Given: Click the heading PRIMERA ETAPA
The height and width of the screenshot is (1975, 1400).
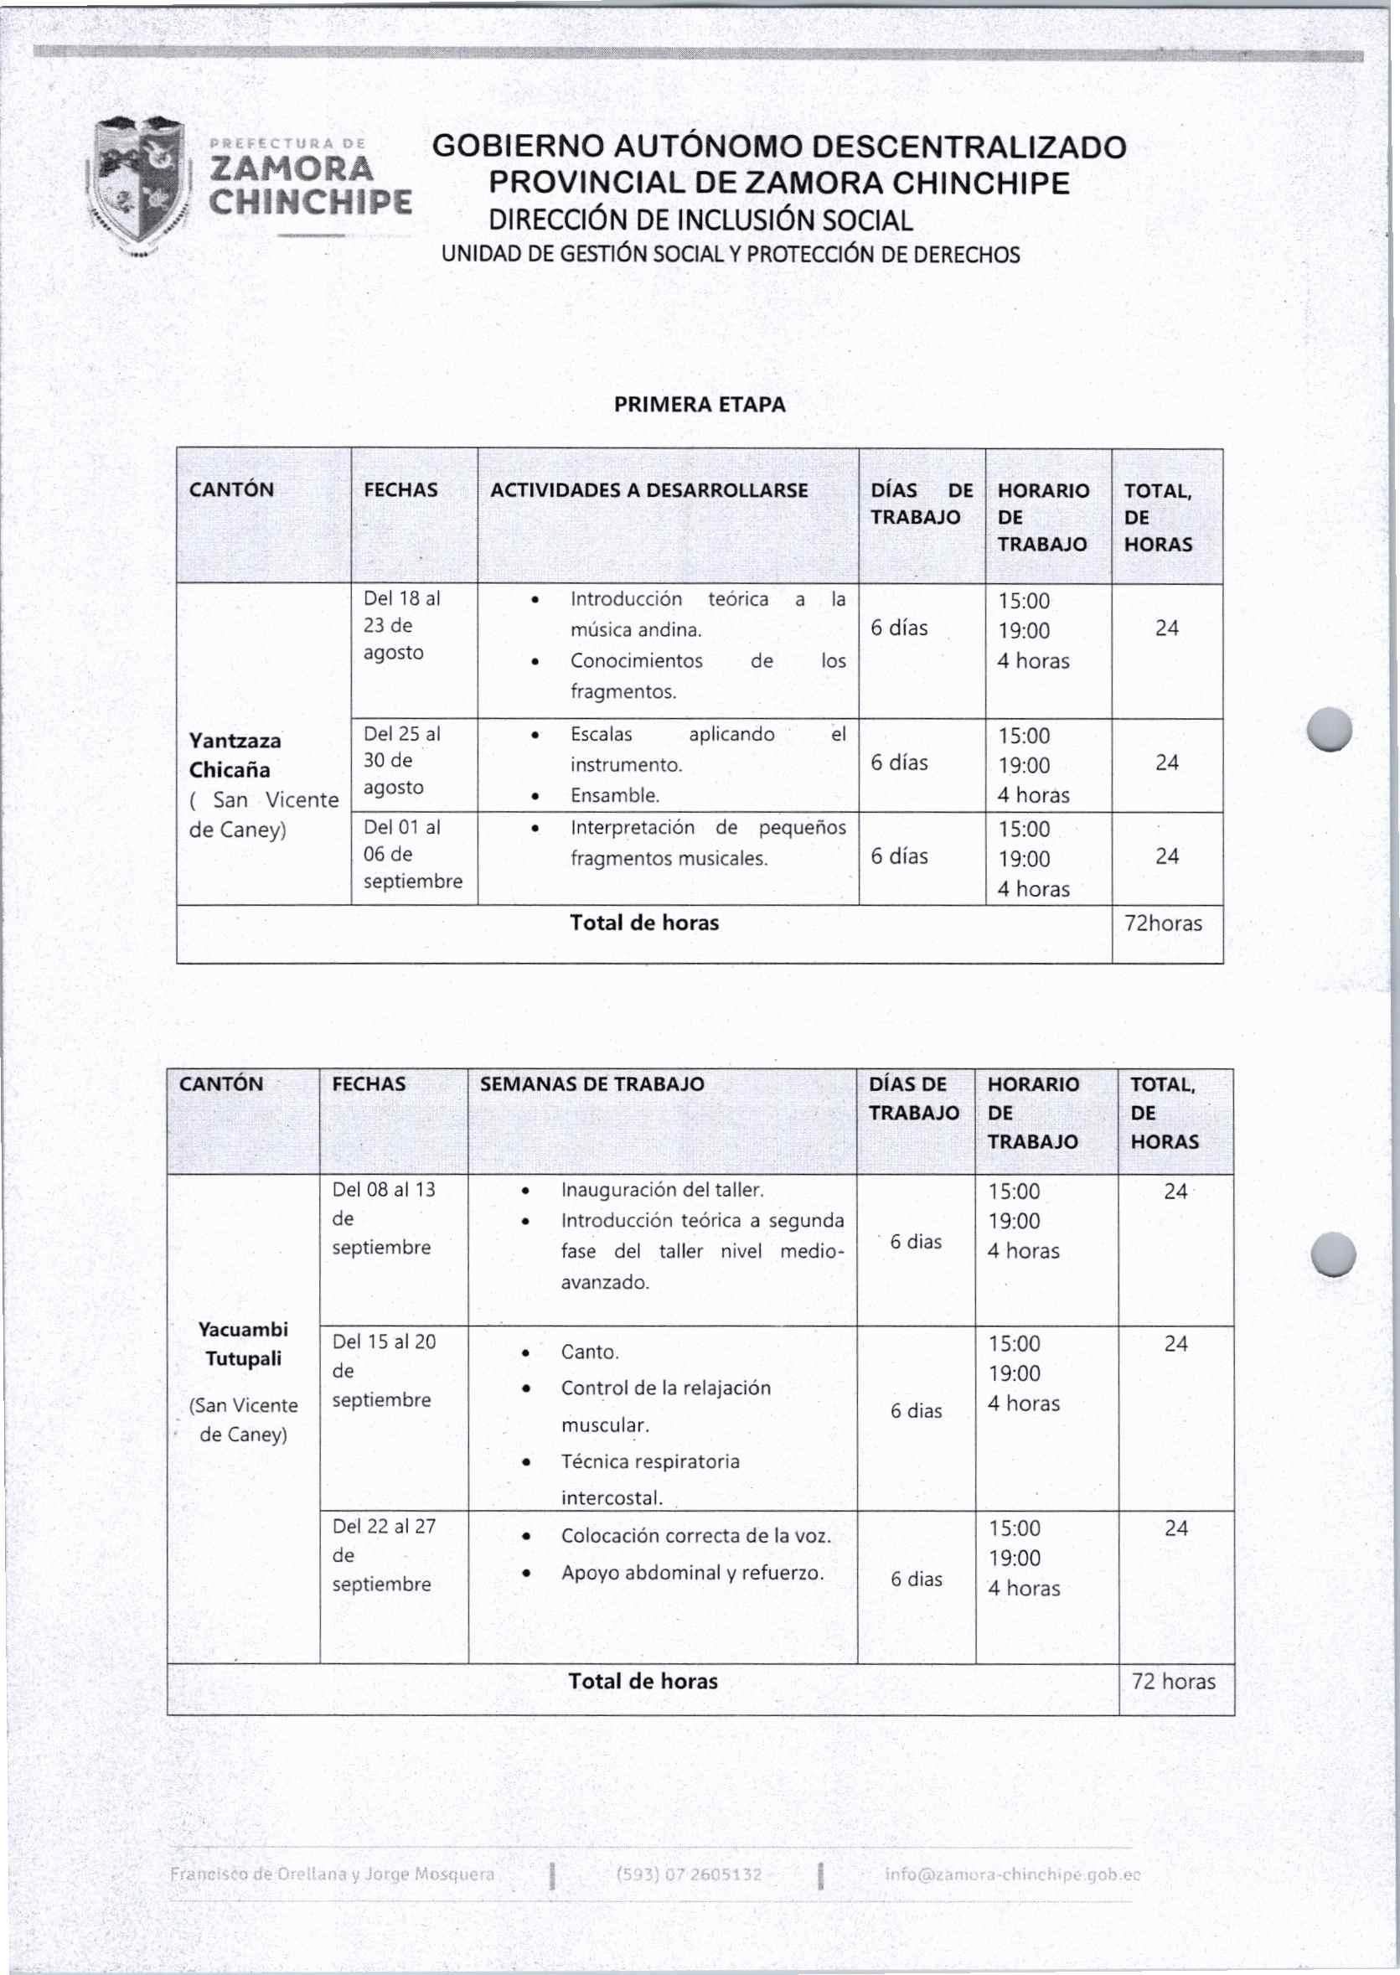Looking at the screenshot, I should click(x=699, y=405).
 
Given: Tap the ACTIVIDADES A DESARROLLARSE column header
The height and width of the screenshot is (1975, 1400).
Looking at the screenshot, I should click(x=648, y=490).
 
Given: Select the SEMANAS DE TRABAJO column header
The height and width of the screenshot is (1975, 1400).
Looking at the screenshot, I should click(x=592, y=1083).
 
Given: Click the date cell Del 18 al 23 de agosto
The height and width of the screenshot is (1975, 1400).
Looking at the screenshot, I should click(x=400, y=625).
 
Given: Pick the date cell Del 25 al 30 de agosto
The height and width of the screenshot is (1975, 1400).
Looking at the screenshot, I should click(x=400, y=759).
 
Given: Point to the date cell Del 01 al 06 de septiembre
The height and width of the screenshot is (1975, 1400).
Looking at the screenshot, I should click(x=412, y=854).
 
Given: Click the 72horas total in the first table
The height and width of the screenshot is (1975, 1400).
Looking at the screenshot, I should click(x=1163, y=923).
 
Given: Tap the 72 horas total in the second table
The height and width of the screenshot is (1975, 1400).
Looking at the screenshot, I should click(x=1172, y=1680).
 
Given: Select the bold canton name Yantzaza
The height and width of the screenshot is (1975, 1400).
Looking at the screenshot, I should click(x=235, y=741).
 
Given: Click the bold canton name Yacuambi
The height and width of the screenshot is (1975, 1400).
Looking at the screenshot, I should click(x=243, y=1328).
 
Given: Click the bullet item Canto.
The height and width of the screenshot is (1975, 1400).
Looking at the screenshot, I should click(x=590, y=1351).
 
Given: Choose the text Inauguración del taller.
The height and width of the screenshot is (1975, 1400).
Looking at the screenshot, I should click(x=662, y=1190).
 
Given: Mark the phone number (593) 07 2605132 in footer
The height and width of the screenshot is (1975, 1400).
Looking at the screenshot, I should click(x=689, y=1874).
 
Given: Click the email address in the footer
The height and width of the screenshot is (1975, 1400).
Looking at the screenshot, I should click(x=1012, y=1874).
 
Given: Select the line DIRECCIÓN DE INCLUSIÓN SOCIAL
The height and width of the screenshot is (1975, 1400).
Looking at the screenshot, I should click(x=700, y=220).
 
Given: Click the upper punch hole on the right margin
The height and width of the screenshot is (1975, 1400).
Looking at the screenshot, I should click(x=1329, y=729).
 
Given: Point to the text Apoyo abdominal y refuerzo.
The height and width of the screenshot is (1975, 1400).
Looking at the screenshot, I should click(x=692, y=1573).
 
